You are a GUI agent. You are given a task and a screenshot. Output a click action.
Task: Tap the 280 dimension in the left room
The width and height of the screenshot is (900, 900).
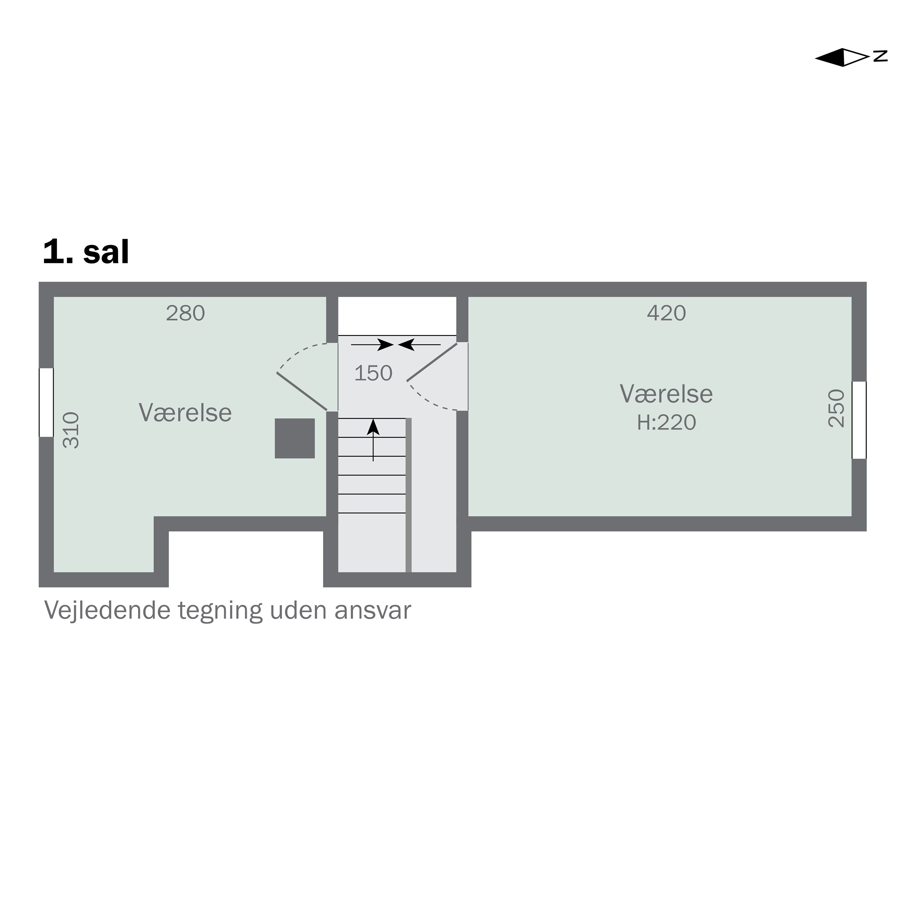185,313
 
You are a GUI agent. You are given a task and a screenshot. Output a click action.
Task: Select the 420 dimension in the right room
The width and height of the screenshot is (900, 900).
666,313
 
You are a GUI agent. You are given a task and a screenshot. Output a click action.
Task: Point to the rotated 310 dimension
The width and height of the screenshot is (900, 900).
71,430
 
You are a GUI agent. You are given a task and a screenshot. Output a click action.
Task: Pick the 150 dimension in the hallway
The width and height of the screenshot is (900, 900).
373,373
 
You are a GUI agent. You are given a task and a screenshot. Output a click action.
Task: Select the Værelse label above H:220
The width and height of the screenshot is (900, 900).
666,394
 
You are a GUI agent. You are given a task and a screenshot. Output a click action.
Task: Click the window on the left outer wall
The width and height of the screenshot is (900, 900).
46,403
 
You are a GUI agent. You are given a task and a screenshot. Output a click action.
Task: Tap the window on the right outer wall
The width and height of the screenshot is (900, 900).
859,420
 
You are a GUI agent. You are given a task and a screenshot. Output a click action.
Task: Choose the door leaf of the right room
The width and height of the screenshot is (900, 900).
432,362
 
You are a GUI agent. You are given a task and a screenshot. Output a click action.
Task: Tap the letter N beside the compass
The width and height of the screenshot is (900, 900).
880,56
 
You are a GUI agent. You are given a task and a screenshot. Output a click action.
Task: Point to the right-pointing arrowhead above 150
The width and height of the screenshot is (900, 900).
386,345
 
